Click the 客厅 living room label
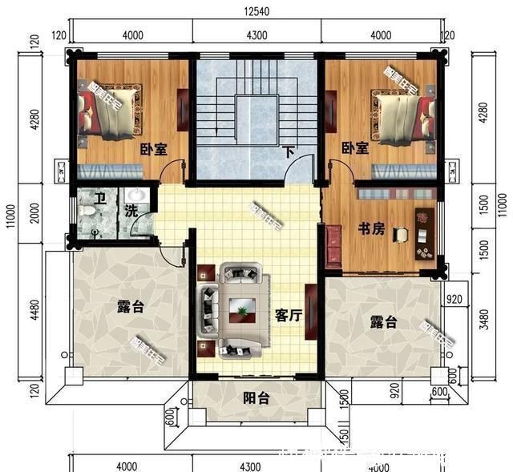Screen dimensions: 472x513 click(288, 315)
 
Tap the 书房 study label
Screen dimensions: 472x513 click(371, 229)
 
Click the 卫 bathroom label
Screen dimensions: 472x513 click(100, 200)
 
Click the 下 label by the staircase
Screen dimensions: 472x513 click(287, 150)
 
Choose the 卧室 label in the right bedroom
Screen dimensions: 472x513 click(354, 148)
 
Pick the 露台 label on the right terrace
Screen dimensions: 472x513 click(383, 321)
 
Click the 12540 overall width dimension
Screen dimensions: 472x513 click(256, 10)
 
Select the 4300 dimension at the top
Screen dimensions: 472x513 click(256, 34)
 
